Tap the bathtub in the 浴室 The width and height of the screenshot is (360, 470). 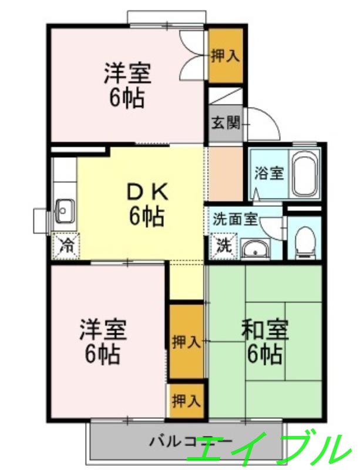[305, 174]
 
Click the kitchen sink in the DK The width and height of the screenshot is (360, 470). [64, 210]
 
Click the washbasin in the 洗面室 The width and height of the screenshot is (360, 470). [255, 250]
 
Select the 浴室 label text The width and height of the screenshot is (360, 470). [270, 173]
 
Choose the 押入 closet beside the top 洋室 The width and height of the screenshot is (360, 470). [226, 56]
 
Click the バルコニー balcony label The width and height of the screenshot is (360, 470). [176, 441]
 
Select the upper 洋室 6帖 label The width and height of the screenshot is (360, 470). [128, 86]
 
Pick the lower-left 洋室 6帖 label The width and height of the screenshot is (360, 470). [103, 341]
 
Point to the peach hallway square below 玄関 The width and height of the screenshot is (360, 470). [225, 173]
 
